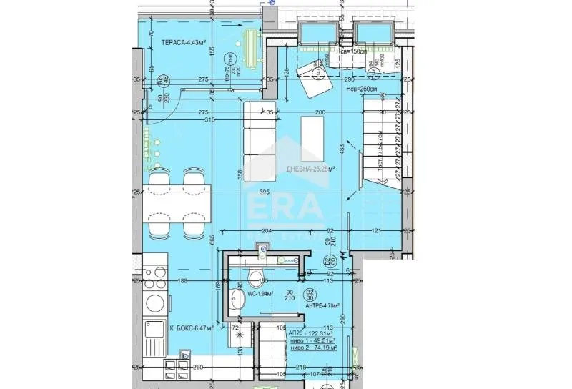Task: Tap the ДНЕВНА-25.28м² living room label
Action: coord(311,169)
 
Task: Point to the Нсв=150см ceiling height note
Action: coord(372,51)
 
